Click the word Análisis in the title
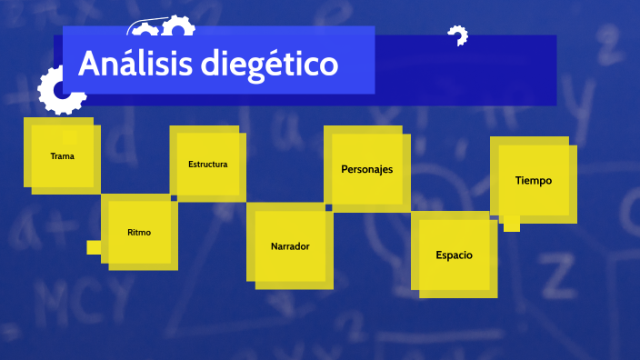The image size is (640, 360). [134, 64]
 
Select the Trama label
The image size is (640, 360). [63, 156]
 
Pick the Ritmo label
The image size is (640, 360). [139, 233]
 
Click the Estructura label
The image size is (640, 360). [207, 165]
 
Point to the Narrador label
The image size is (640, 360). [290, 246]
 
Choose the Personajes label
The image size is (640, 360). [366, 169]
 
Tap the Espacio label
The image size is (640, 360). [454, 255]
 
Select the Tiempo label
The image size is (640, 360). [533, 180]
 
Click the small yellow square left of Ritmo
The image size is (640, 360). [94, 247]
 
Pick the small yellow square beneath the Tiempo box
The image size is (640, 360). [512, 224]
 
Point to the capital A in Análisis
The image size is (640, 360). [89, 64]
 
